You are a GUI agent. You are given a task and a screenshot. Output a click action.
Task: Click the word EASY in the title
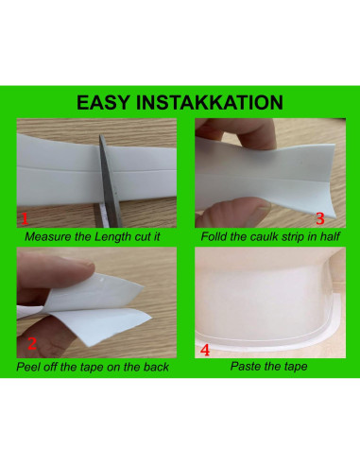coord(103,102)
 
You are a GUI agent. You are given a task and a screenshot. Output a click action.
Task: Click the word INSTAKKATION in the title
coord(210,102)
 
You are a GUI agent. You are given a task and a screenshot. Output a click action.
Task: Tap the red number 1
coord(25,218)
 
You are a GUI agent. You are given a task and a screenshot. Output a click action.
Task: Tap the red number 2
coord(32,343)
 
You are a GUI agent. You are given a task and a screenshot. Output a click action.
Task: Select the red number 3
coord(320,218)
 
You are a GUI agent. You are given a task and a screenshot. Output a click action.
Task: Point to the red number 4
coord(205,350)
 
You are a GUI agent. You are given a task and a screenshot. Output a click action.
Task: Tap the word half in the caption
coord(330,236)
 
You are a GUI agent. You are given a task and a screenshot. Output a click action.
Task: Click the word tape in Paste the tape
coord(296,367)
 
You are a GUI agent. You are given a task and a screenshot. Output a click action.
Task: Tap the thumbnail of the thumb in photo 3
coord(258,212)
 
